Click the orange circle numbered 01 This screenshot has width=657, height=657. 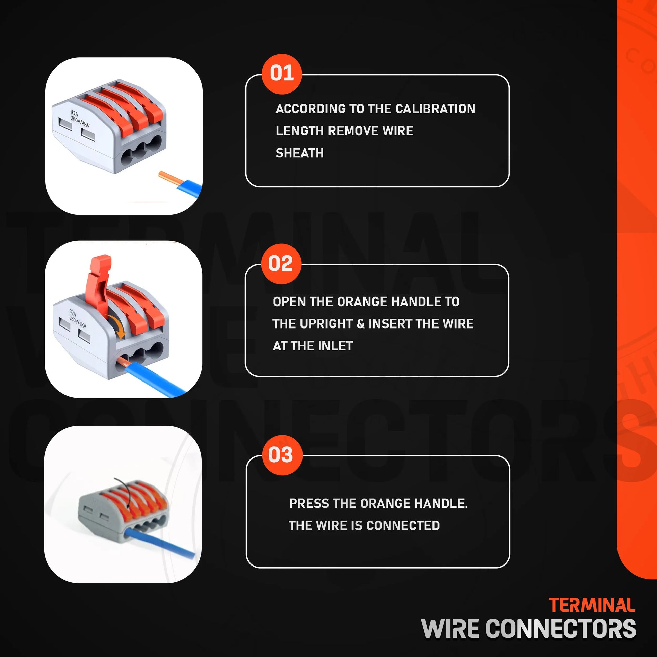282,74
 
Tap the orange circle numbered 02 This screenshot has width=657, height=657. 281,264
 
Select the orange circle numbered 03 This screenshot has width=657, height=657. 282,455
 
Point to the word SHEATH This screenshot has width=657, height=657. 299,153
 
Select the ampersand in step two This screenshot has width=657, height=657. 361,324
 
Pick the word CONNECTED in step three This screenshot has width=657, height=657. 403,525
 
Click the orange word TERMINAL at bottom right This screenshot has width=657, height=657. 592,605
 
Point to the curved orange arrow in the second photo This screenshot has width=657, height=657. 117,325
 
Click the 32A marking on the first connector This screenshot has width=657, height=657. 74,112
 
